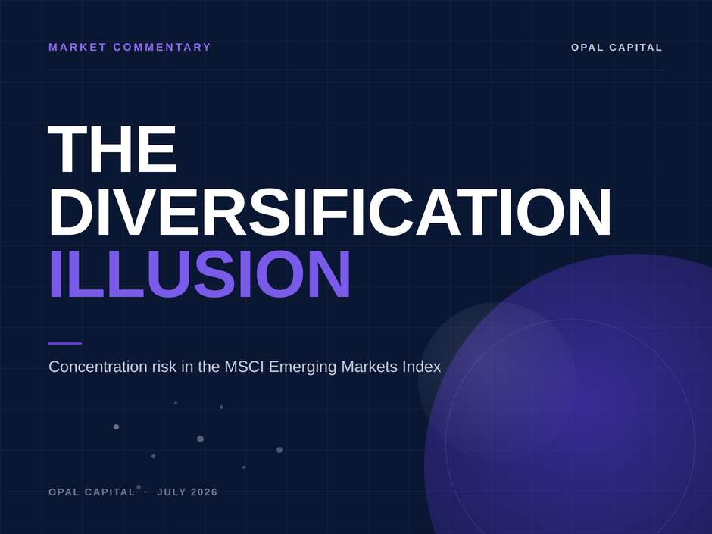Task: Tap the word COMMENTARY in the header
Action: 162,47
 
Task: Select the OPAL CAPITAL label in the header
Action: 617,48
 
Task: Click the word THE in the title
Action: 112,149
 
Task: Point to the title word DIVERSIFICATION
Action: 330,212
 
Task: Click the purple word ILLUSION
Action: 200,274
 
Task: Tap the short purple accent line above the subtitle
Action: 65,343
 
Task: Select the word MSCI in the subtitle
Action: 245,367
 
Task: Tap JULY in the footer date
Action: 172,492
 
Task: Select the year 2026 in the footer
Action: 205,492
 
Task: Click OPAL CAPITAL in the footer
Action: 92,492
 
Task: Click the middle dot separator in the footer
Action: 145,492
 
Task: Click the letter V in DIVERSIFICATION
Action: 129,212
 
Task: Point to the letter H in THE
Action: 111,149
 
